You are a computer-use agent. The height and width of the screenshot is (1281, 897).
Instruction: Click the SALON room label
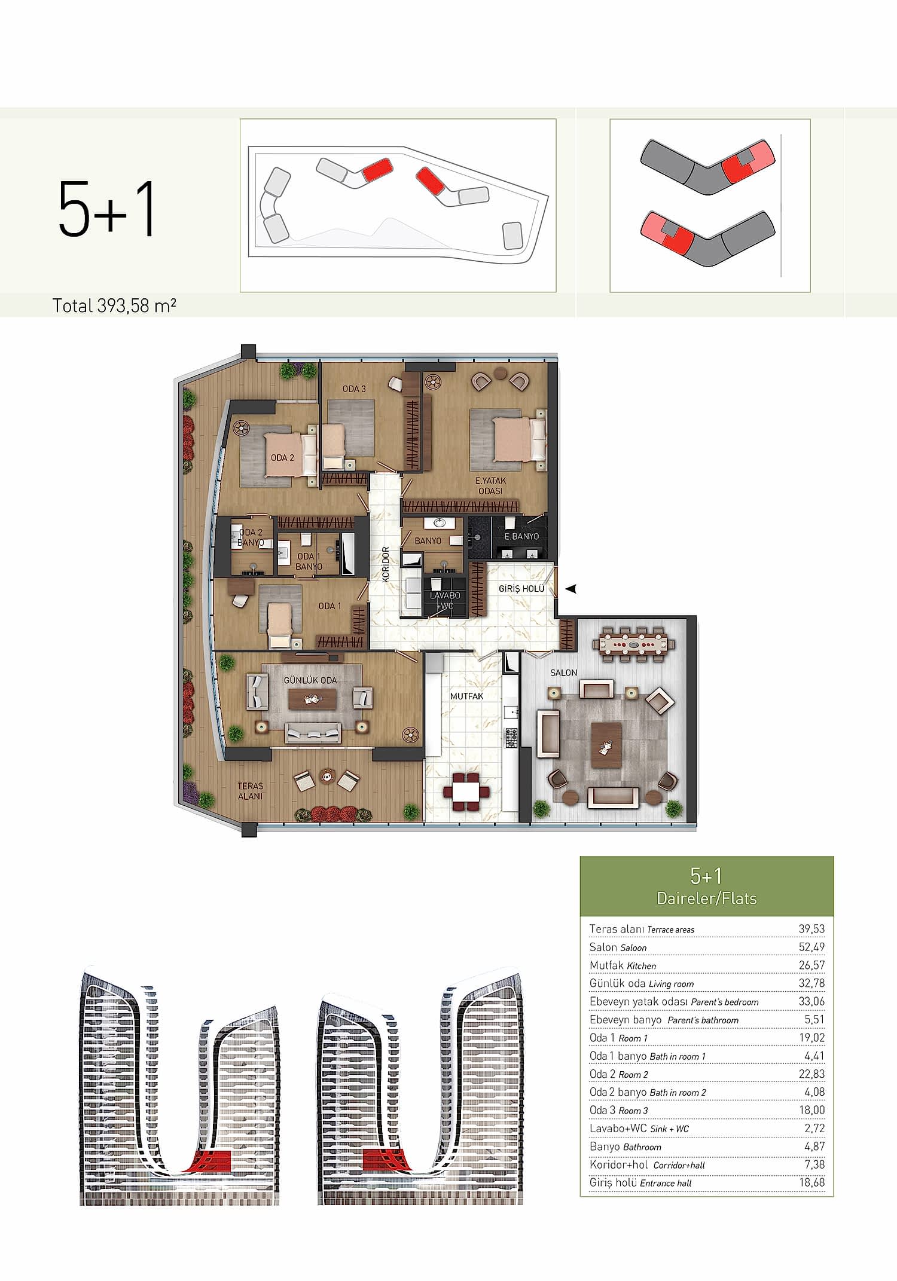point(563,672)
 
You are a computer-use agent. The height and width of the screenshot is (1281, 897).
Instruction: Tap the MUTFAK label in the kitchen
point(466,696)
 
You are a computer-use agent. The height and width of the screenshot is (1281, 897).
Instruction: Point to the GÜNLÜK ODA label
point(310,680)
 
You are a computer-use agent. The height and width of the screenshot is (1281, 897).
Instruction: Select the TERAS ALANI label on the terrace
point(250,791)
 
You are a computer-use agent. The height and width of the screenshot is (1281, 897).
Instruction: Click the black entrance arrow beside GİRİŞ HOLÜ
point(571,589)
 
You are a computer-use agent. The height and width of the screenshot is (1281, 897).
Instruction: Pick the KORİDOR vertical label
point(386,564)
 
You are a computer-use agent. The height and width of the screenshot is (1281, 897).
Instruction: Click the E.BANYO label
point(521,536)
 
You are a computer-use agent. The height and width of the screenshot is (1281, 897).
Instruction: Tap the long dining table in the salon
point(633,644)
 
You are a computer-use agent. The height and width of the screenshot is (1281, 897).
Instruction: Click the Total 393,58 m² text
point(114,305)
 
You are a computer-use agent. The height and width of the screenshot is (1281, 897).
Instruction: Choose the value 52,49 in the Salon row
point(811,947)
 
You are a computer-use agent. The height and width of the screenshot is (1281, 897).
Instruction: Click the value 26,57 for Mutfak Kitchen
point(811,965)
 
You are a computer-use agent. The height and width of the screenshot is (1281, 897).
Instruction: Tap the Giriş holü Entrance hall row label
point(640,1182)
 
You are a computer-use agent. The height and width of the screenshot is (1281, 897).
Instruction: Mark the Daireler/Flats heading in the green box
point(706,898)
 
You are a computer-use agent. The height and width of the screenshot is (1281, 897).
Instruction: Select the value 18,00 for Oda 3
point(811,1110)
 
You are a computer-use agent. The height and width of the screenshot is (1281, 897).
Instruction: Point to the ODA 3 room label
point(353,389)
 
